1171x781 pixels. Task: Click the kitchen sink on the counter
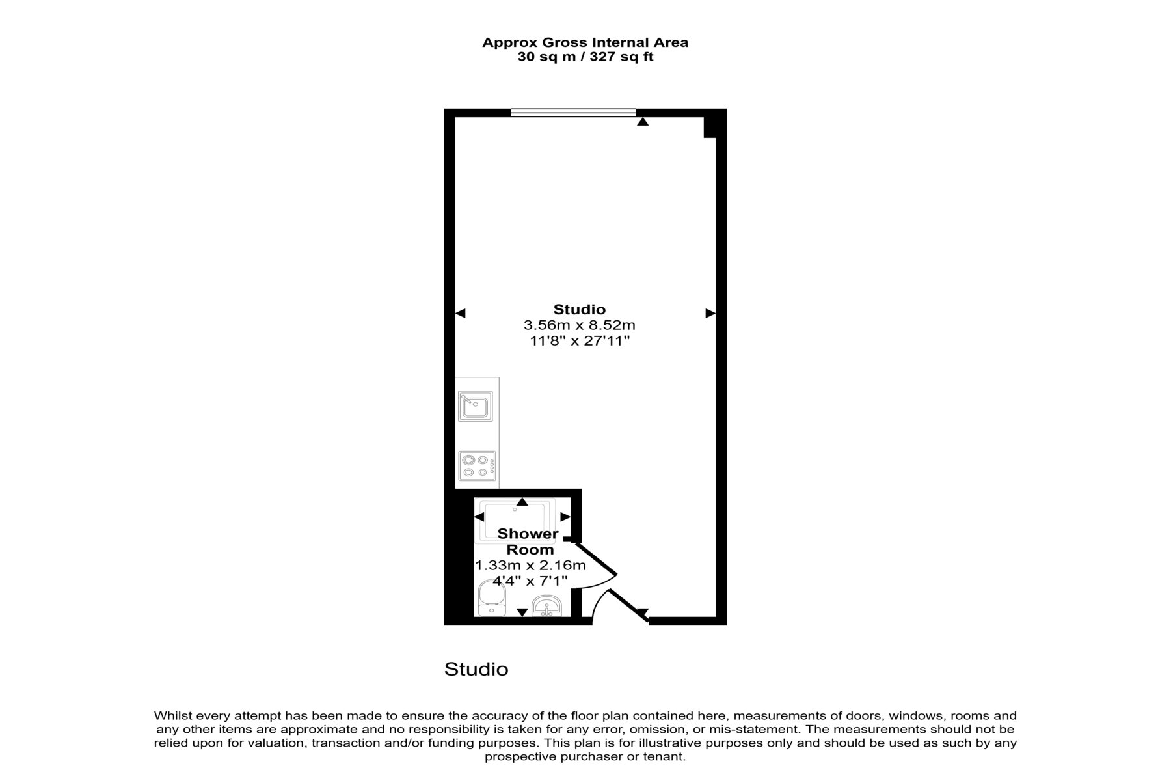475,406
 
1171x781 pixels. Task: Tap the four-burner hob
477,466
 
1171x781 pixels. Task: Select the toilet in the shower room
491,598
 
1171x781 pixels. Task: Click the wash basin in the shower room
547,606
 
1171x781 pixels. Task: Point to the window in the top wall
573,113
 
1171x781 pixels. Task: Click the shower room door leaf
594,557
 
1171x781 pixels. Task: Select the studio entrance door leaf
628,606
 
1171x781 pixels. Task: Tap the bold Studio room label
579,309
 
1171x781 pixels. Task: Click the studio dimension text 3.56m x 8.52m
579,325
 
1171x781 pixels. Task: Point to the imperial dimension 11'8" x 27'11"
580,340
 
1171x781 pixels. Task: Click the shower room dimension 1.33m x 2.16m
530,565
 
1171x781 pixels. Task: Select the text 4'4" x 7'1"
530,581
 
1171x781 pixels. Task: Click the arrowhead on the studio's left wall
461,314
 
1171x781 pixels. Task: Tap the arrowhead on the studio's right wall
710,314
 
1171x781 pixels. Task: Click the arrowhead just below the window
643,121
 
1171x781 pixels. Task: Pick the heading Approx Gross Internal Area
585,42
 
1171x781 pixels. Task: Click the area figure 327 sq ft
621,57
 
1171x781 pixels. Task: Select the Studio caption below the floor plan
476,669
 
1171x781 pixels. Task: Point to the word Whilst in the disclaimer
172,716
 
